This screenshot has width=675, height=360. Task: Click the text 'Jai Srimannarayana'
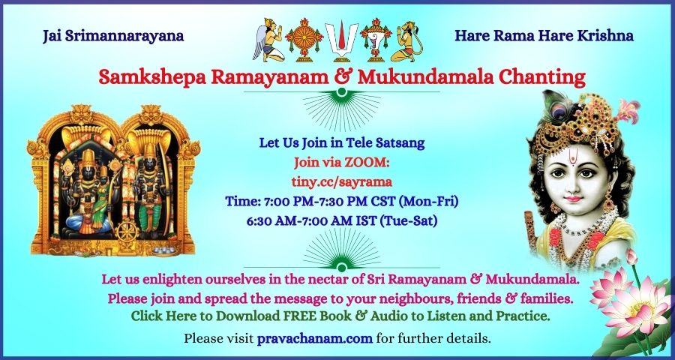(113, 36)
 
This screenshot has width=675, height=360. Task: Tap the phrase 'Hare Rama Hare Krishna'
(544, 36)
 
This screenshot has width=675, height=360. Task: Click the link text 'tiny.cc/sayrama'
(342, 182)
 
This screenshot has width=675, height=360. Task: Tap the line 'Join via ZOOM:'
(342, 163)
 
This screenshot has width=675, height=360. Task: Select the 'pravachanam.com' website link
(315, 338)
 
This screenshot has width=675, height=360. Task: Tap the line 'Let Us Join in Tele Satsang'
(342, 143)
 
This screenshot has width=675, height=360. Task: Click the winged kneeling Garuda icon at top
(268, 39)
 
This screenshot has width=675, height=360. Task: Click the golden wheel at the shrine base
(127, 232)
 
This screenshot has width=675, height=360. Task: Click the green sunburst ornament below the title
(342, 109)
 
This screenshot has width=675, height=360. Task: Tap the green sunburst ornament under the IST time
(342, 249)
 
